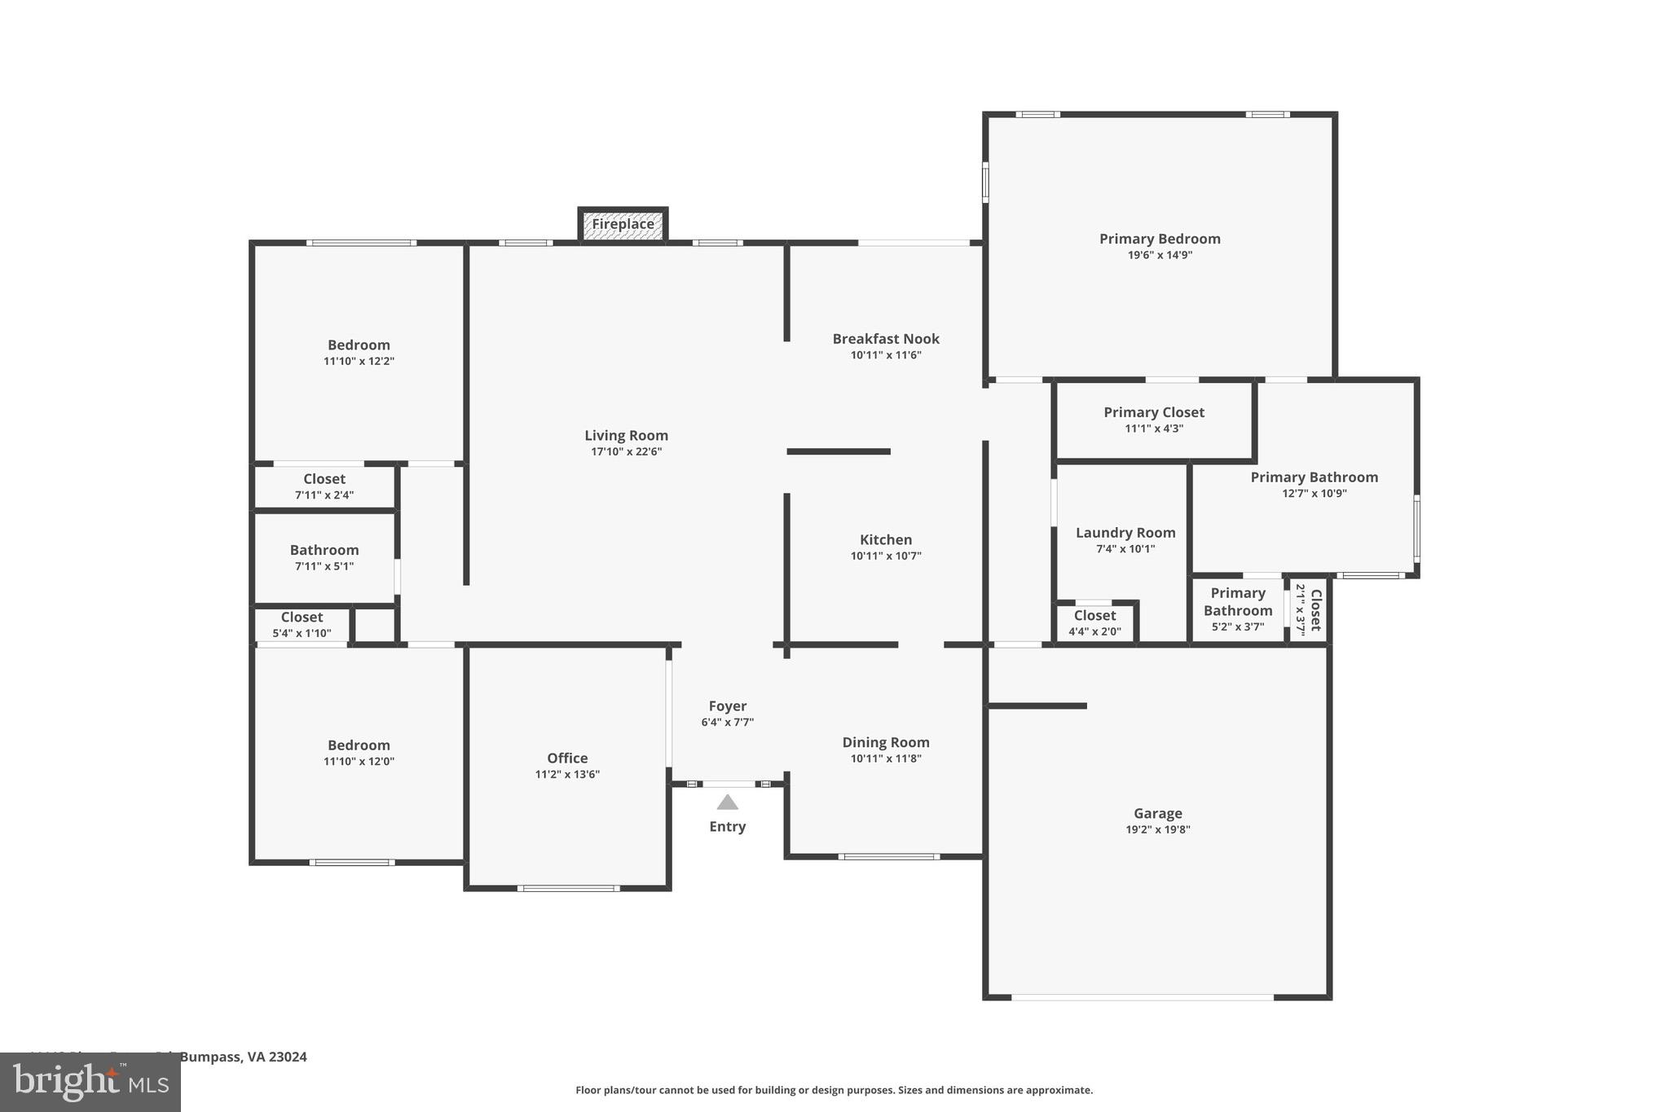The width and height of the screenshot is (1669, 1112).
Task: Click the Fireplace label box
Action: (623, 224)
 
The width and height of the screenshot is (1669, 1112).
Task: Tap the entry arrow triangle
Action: (727, 803)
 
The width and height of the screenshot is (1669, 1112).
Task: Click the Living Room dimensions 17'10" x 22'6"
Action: (626, 452)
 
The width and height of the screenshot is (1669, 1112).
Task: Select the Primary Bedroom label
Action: (1159, 239)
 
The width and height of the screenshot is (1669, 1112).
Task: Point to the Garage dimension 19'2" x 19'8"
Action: (1157, 830)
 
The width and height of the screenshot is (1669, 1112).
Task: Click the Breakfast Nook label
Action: (886, 339)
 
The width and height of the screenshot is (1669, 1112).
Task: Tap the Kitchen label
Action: (886, 540)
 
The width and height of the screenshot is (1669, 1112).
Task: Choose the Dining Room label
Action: (886, 742)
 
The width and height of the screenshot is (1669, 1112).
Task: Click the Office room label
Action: (567, 758)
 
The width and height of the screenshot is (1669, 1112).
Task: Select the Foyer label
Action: (727, 706)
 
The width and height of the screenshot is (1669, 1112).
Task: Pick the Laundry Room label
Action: (1125, 533)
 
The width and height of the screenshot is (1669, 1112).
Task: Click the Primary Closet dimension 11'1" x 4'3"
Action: (1154, 429)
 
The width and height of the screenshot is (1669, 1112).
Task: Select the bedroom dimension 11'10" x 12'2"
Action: (359, 362)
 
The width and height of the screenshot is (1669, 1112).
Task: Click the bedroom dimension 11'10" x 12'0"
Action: (359, 762)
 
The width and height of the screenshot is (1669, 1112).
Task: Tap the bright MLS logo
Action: (90, 1083)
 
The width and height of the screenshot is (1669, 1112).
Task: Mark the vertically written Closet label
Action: (1315, 610)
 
